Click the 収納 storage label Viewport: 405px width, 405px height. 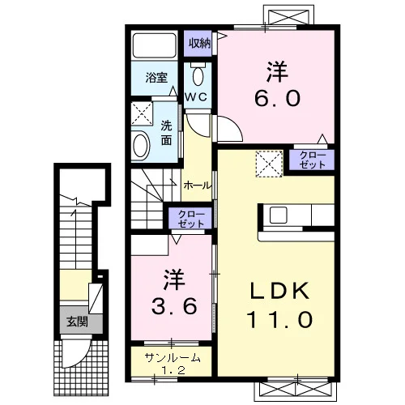coord(199,43)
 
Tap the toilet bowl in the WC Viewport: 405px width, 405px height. coord(198,76)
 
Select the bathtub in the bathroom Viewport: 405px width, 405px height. coord(155,45)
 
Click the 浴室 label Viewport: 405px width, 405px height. coord(156,78)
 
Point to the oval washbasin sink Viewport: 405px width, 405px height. coord(141,147)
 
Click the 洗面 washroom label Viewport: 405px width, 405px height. coord(166,133)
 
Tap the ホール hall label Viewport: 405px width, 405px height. coord(197,185)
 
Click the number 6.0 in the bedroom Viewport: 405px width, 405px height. coord(277,98)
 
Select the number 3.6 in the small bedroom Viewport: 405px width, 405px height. coord(174,306)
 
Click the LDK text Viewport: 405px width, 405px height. coord(279,290)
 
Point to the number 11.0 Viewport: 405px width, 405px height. coord(279,320)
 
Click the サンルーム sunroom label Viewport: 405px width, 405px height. coord(173,358)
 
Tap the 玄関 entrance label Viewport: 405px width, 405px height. coord(77,322)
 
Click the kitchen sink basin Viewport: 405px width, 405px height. coord(278,215)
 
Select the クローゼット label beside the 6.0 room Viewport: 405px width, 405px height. coord(313,160)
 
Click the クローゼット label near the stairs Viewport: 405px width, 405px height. coord(191,219)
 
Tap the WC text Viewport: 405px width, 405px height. coord(196,97)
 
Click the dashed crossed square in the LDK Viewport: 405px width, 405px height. coord(269,164)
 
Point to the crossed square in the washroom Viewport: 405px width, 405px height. coord(142,113)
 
